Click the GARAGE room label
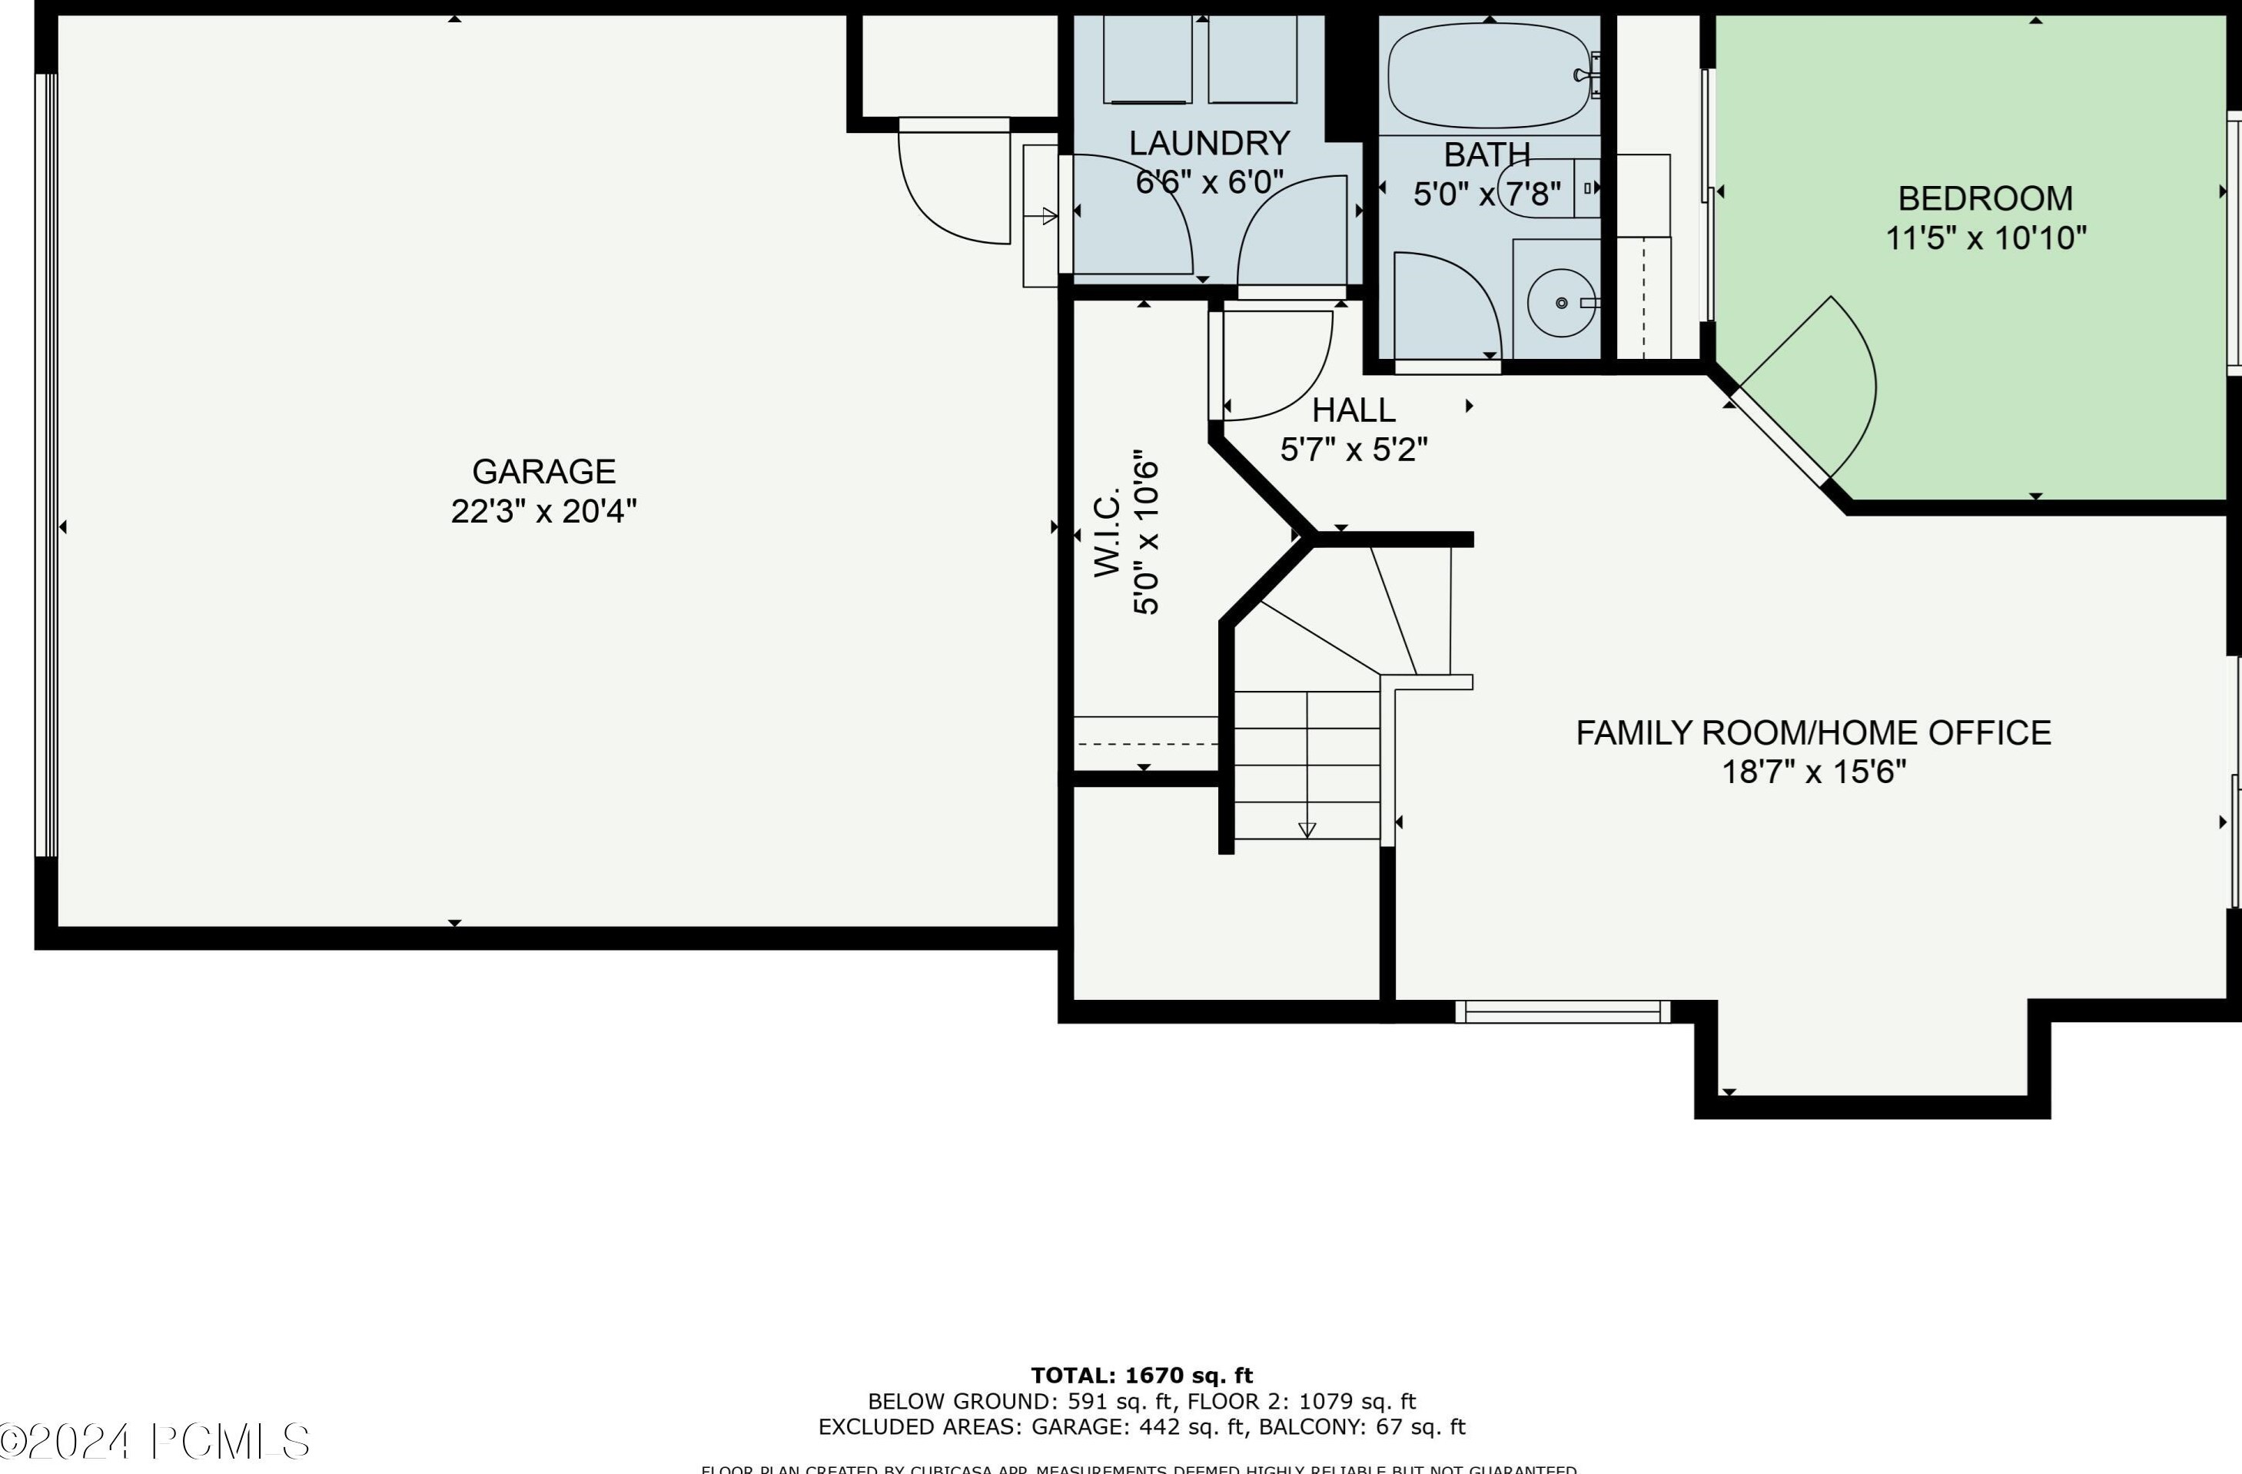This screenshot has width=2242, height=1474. click(543, 471)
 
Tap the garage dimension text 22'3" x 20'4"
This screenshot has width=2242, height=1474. click(543, 511)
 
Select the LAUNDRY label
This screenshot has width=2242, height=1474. click(1208, 143)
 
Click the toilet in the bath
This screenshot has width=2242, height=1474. click(1545, 188)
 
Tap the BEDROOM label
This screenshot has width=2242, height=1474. click(1985, 199)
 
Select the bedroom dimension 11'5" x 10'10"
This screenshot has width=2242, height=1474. click(1985, 238)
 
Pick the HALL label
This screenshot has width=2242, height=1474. click(1354, 410)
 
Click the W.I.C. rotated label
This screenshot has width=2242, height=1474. click(1108, 532)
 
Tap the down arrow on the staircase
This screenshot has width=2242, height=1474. click(1307, 828)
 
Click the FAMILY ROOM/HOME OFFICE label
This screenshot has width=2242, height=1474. click(1813, 732)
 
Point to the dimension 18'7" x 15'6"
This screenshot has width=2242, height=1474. click(1813, 772)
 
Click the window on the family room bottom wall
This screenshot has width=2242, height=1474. click(1562, 1011)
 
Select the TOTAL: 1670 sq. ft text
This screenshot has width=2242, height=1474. click(1141, 1375)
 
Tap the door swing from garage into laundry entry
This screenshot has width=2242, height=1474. click(952, 188)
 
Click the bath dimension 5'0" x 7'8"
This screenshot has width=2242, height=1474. click(1486, 194)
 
